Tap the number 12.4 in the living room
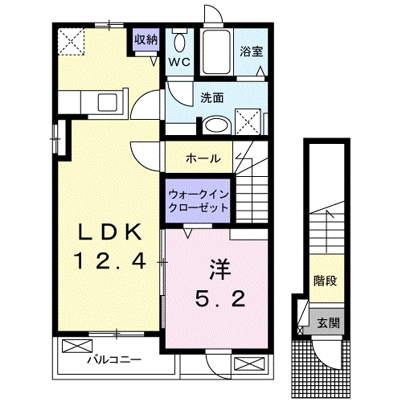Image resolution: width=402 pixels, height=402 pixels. click(x=111, y=260)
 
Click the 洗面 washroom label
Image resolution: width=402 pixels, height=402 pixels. click(x=212, y=98)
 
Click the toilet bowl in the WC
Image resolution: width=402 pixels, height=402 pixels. click(x=178, y=41)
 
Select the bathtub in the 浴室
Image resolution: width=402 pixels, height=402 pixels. click(x=215, y=50)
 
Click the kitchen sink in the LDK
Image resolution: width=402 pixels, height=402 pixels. click(x=107, y=103)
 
